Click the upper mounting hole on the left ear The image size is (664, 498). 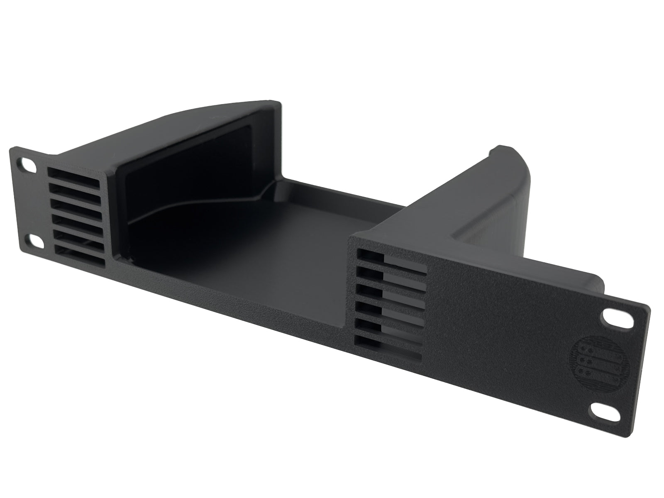point(27,165)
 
